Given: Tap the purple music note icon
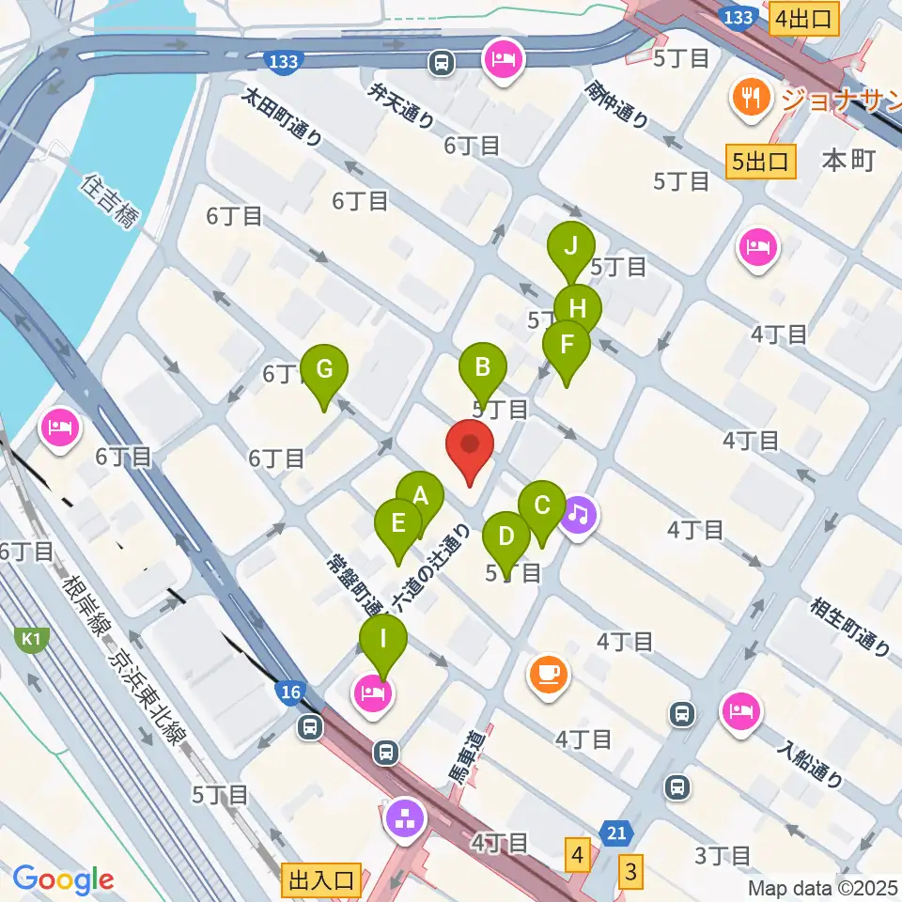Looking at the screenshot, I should pos(580,514).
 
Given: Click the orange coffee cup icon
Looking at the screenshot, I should pos(549,674).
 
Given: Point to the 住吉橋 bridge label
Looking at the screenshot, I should pos(111,201).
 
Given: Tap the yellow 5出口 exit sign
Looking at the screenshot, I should pos(761,162).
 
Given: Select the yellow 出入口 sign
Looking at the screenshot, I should pos(321,880).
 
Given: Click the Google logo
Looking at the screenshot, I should pos(63,879).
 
